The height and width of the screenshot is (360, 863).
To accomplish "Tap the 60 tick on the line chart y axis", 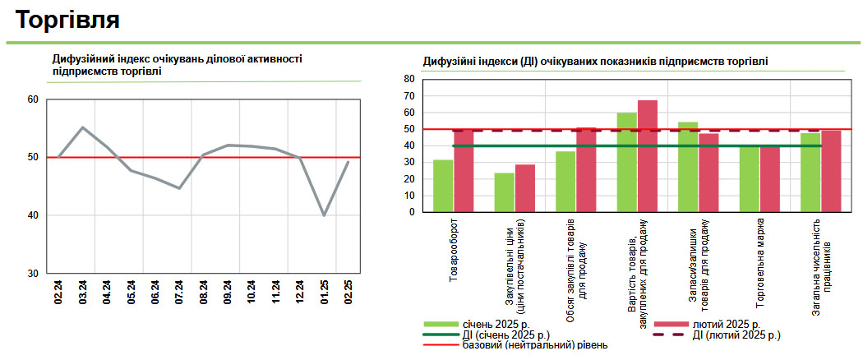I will (34, 99).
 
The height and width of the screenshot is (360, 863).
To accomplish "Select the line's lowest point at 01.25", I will (324, 215).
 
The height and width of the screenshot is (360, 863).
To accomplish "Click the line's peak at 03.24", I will (83, 127).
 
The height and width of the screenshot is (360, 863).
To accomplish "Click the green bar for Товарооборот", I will (443, 186).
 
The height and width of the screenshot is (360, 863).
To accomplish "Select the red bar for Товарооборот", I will (464, 171).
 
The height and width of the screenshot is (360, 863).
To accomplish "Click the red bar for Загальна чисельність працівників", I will (831, 171).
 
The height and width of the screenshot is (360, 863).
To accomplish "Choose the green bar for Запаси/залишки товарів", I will (688, 167).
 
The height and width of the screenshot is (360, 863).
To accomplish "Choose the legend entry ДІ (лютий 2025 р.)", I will (736, 335).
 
